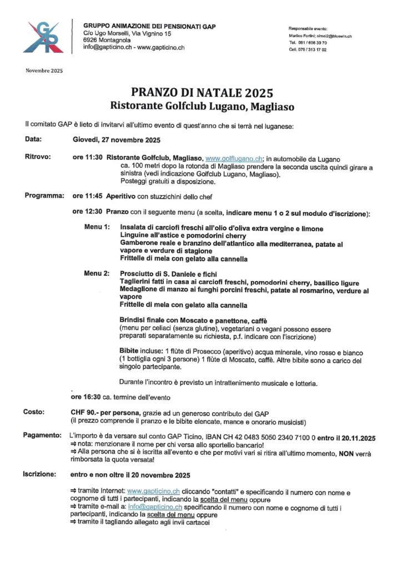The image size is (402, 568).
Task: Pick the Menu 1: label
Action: click(97, 229)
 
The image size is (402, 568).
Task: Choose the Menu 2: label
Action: click(97, 274)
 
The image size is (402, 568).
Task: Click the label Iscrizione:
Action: click(40, 475)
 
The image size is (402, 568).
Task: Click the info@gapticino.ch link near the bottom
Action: click(155, 507)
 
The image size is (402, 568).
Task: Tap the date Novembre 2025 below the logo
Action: click(44, 70)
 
